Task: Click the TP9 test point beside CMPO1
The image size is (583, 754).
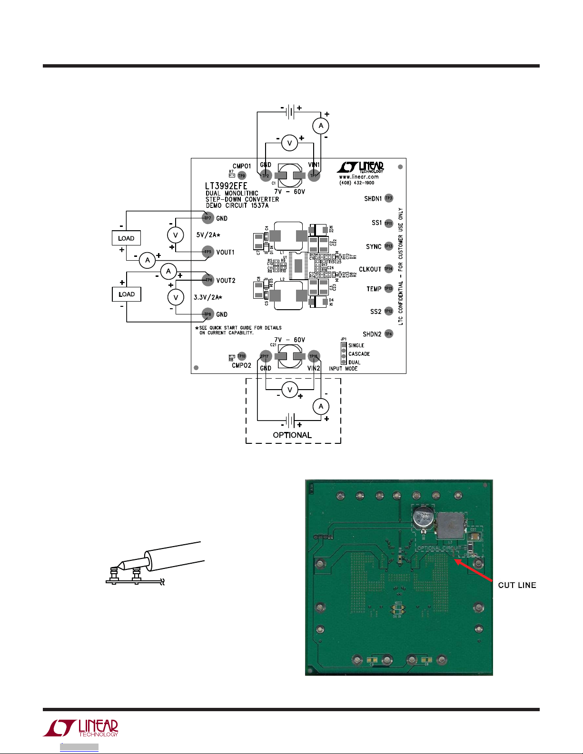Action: [242, 176]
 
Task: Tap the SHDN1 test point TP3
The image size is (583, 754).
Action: [389, 198]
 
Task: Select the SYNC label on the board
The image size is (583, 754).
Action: [374, 246]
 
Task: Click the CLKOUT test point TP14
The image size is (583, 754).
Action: [389, 269]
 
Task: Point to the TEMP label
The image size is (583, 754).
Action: [374, 289]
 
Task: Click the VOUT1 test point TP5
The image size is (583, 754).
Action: [208, 252]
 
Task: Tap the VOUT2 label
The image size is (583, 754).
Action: [226, 281]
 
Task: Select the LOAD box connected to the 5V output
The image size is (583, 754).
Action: [126, 238]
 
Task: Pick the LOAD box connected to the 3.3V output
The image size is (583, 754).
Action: [126, 294]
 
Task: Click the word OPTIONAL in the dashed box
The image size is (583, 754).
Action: [292, 435]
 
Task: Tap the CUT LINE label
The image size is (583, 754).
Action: [517, 585]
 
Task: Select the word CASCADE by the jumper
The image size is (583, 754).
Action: [359, 354]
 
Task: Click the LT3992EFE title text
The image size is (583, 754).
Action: [227, 186]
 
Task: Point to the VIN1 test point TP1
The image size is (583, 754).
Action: [313, 176]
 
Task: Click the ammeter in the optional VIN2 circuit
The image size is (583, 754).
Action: [321, 406]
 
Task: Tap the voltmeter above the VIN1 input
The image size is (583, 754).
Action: [289, 143]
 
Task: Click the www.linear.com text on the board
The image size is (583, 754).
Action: [359, 177]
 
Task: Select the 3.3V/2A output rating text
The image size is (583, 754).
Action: [208, 297]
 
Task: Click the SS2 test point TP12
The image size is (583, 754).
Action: [389, 312]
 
